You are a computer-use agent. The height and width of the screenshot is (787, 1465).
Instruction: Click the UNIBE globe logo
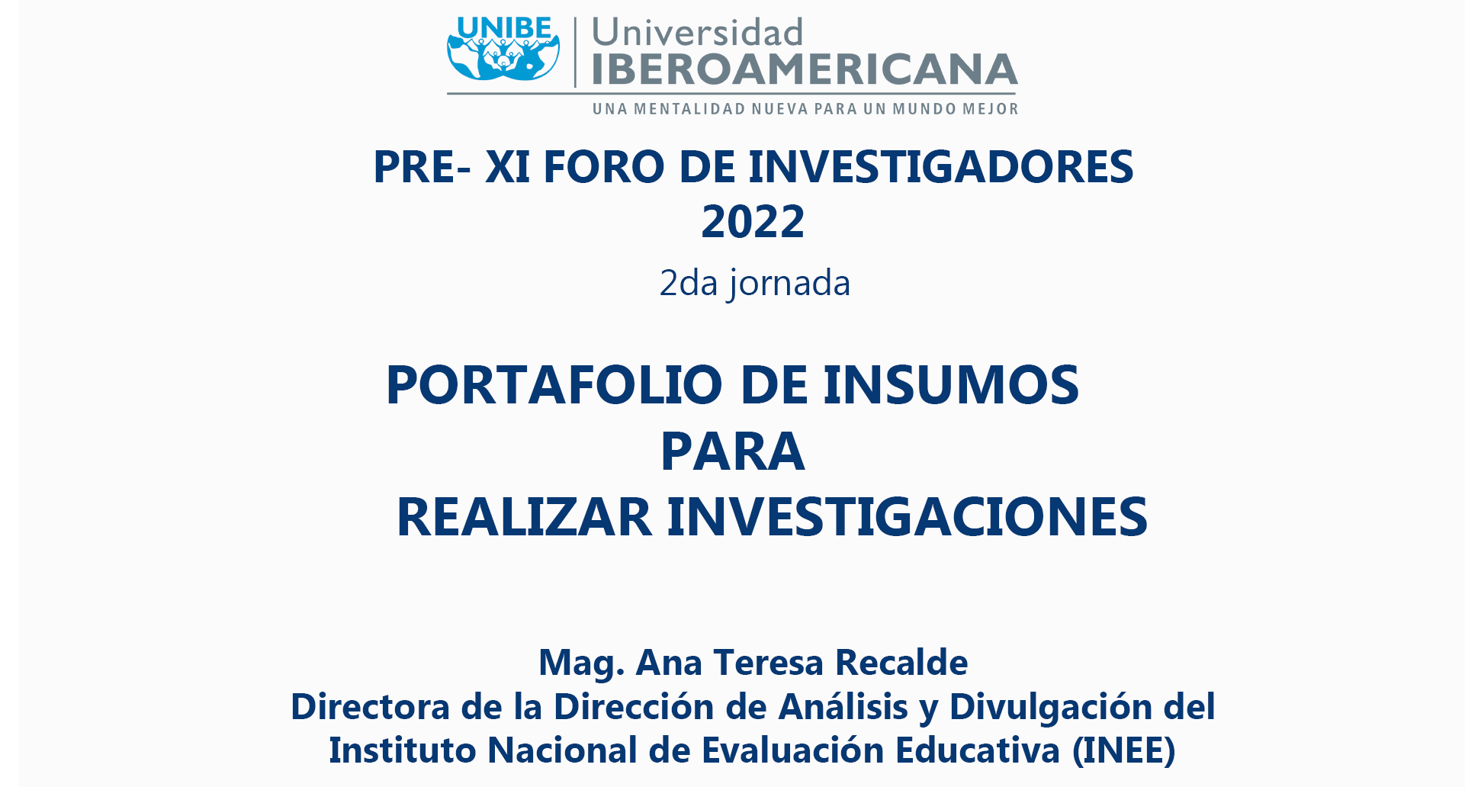[503, 50]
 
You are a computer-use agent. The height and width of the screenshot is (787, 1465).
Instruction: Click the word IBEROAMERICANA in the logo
[805, 69]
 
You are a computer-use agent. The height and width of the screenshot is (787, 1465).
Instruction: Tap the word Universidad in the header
[697, 33]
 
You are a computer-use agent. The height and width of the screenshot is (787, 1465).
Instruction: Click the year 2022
[753, 221]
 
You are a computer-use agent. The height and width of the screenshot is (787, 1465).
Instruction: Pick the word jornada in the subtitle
[789, 284]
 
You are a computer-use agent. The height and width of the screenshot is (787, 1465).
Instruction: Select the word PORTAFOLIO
[554, 384]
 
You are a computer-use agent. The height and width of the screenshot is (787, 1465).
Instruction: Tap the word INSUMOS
[951, 384]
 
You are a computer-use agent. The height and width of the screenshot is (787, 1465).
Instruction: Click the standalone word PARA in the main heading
[732, 451]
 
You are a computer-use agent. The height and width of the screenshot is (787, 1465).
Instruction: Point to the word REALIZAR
[524, 517]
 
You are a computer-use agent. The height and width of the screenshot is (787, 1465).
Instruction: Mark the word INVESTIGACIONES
[908, 517]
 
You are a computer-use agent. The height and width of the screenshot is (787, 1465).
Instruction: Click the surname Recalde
[901, 662]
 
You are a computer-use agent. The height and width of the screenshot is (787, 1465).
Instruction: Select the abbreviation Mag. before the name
[582, 663]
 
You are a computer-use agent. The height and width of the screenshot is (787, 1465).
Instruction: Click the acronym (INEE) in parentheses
[1123, 750]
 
